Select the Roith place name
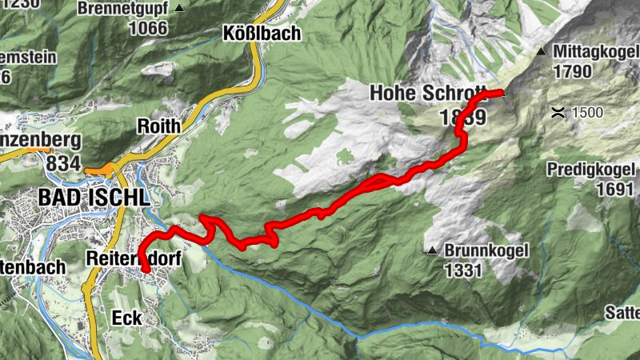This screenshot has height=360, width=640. [x=160, y=126]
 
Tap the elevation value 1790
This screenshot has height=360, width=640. [x=572, y=71]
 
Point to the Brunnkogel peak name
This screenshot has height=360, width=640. [x=486, y=250]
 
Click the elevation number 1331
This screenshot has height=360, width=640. [x=463, y=270]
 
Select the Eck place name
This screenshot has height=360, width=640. [x=126, y=318]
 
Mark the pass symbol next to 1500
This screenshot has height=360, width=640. [x=558, y=112]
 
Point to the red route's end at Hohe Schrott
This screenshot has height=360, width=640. [x=502, y=94]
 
